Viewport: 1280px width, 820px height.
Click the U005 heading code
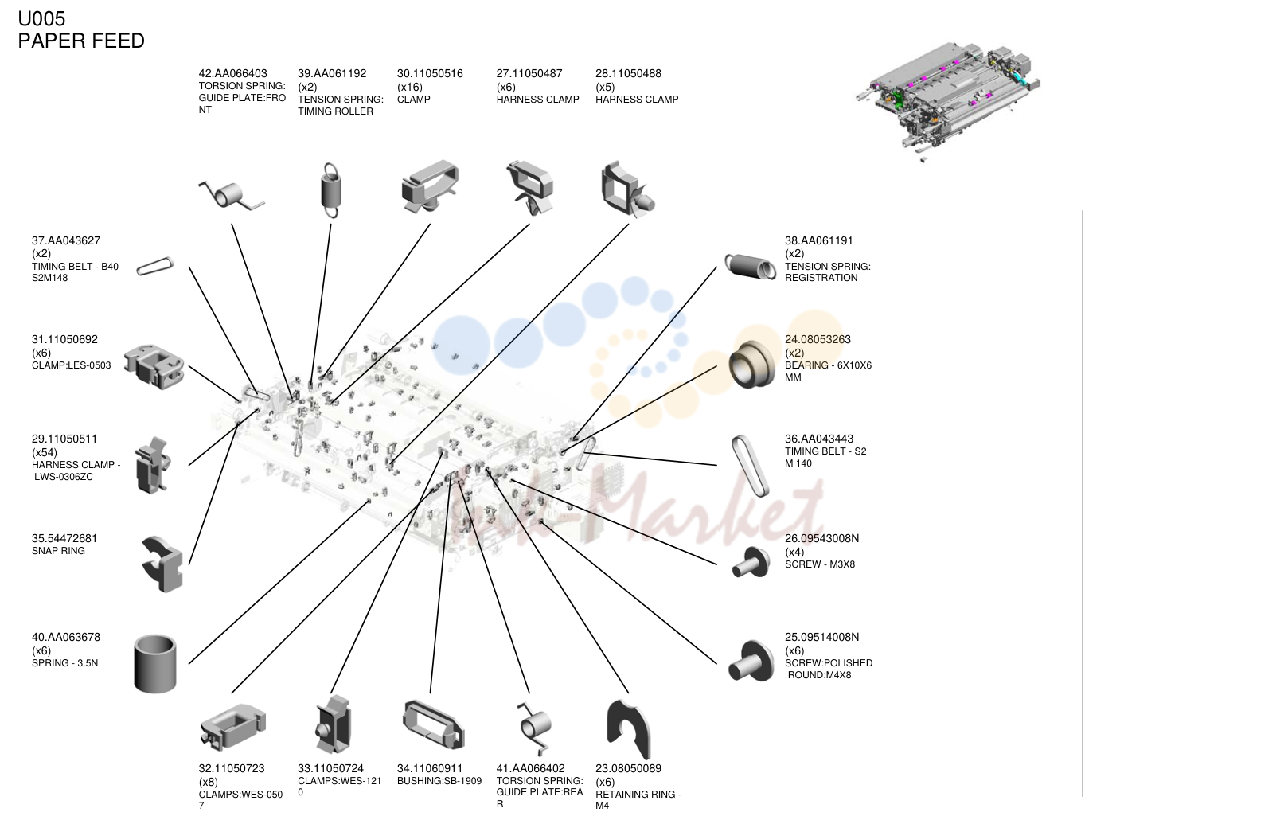click(x=41, y=19)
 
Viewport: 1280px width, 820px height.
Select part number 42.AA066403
click(x=232, y=74)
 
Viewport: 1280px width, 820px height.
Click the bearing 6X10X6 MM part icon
click(x=752, y=364)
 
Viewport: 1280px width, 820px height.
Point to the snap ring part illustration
click(x=163, y=564)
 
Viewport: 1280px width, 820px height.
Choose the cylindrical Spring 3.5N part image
click(x=155, y=663)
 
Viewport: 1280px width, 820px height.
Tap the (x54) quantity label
click(x=44, y=452)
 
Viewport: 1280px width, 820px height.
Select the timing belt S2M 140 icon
click(x=751, y=466)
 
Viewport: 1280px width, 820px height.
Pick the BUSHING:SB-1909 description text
click(x=439, y=781)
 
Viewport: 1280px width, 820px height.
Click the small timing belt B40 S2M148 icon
click(x=155, y=266)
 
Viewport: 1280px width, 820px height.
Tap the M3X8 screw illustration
click(x=751, y=562)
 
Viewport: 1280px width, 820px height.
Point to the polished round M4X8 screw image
click(x=751, y=661)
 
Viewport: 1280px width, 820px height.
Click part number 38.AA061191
click(x=818, y=240)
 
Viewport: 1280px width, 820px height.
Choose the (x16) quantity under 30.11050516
click(x=410, y=87)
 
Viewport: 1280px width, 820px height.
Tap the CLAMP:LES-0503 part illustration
click(x=154, y=367)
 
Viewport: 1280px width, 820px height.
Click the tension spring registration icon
click(x=751, y=267)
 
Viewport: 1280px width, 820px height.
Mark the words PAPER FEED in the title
click(x=81, y=41)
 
